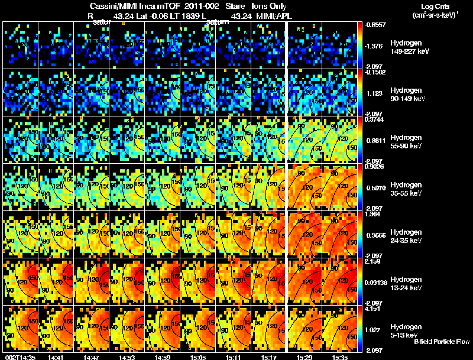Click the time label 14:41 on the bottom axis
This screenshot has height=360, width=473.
point(57,357)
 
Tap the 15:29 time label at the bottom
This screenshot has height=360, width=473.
point(304,357)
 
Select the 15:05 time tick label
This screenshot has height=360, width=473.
point(199,357)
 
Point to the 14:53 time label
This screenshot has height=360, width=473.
point(128,357)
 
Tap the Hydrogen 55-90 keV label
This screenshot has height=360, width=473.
point(407,142)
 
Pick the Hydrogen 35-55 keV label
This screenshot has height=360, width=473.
point(407,189)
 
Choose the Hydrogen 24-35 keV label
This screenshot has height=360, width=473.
point(407,236)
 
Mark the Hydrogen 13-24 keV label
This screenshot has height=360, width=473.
point(407,284)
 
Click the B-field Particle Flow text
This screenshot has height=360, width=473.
point(442,342)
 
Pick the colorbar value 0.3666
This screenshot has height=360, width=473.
point(375,235)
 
